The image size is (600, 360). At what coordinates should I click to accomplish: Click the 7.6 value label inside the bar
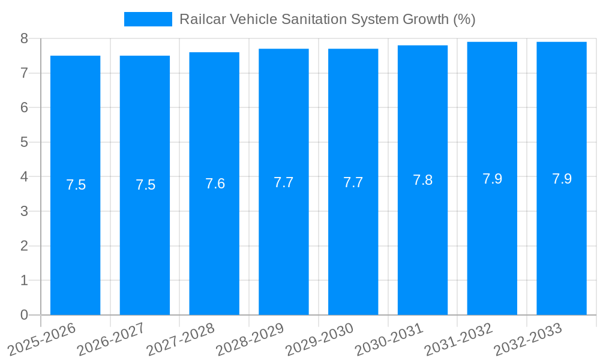coord(215,184)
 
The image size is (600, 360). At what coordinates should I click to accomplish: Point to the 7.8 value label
coord(422,180)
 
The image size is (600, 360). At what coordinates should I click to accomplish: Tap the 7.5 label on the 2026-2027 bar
coord(145,185)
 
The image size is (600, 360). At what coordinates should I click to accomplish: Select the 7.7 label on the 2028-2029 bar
coord(284,182)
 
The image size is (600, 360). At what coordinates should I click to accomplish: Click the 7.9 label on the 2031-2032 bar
coord(492,179)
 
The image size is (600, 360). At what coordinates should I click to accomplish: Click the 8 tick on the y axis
coord(24,38)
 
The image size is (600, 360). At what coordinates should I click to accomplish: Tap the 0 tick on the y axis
coord(24,315)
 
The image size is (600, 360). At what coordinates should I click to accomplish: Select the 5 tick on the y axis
coord(24,142)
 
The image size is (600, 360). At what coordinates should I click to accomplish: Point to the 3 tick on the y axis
coord(24,211)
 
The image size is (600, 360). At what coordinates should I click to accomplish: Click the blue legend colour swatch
coord(148,19)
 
